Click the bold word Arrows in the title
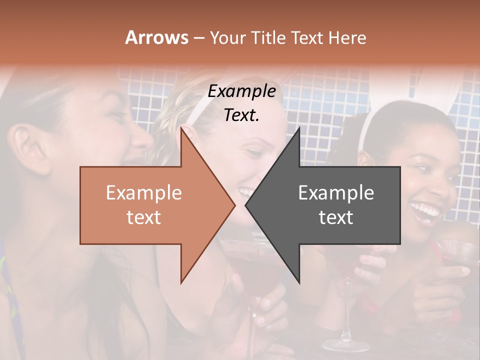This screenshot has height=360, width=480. (x=156, y=37)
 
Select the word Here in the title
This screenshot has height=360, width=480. (x=347, y=37)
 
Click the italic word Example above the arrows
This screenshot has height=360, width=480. (x=242, y=91)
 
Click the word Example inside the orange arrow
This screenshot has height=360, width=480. (x=144, y=193)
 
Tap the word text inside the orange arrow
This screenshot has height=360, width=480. (x=144, y=217)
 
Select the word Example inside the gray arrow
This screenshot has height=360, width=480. (x=336, y=193)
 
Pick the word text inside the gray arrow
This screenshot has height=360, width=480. (x=336, y=217)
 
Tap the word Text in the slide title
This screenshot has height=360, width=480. (x=307, y=37)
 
